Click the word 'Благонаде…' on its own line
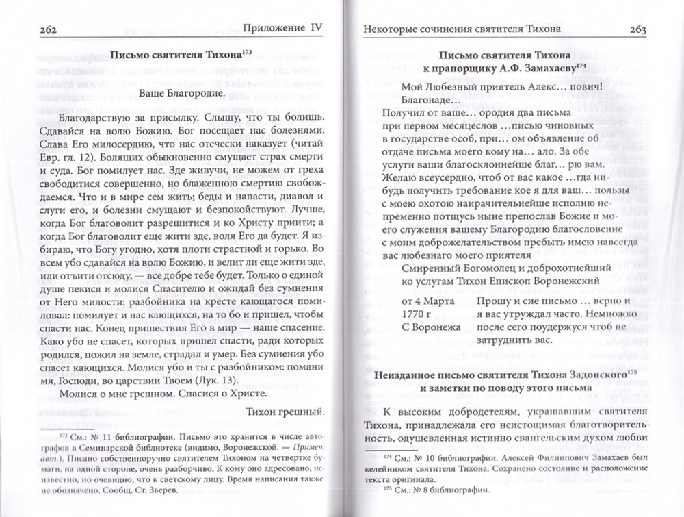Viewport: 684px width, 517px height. (x=412, y=99)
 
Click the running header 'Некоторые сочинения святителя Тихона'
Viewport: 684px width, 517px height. (x=466, y=29)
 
